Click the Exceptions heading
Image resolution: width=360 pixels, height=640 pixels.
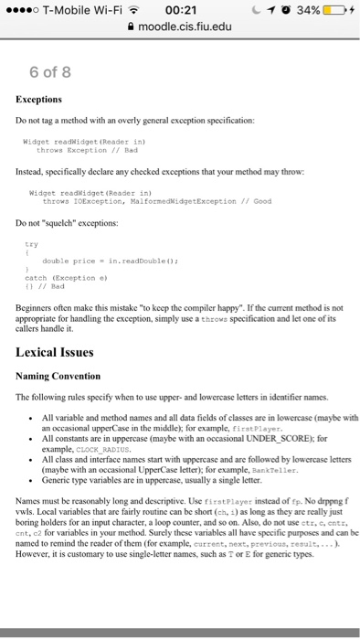39,99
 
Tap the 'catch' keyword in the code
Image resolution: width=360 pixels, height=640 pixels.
35,273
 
